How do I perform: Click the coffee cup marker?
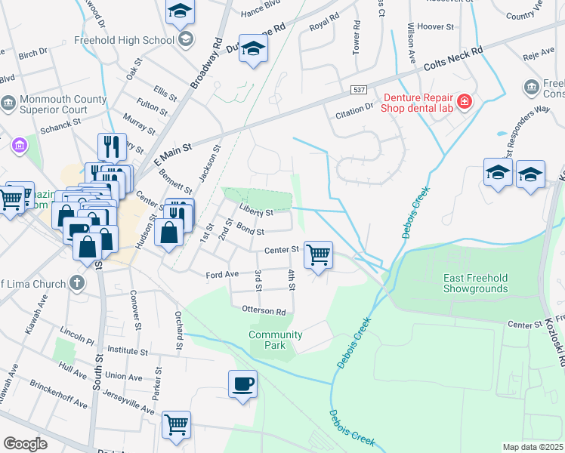[x=243, y=384]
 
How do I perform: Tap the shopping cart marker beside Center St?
[x=319, y=254]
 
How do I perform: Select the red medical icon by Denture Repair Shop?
[x=465, y=101]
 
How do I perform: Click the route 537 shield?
[x=360, y=90]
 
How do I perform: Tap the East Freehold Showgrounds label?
[x=476, y=283]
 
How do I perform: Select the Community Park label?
[x=276, y=340]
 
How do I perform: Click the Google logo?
[x=25, y=444]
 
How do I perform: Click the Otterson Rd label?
[x=264, y=310]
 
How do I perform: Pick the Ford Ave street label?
[x=222, y=275]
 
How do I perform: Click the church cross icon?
[x=76, y=283]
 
